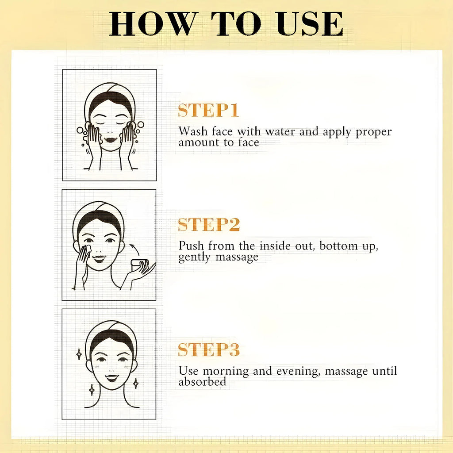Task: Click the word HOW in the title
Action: [x=152, y=24]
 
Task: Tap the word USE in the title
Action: [x=310, y=24]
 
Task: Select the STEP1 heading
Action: [x=208, y=110]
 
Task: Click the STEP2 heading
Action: [x=209, y=225]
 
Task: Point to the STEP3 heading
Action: [x=209, y=349]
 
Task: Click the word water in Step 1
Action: [x=280, y=132]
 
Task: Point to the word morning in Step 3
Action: [x=226, y=372]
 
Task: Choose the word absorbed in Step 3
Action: [x=202, y=382]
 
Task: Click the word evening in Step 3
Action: [x=298, y=372]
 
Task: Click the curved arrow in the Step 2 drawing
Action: [x=134, y=250]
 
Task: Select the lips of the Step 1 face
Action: [x=111, y=140]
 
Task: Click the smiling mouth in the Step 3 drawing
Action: [x=112, y=378]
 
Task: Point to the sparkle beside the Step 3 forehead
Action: [x=79, y=354]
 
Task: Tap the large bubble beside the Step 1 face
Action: [x=141, y=124]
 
